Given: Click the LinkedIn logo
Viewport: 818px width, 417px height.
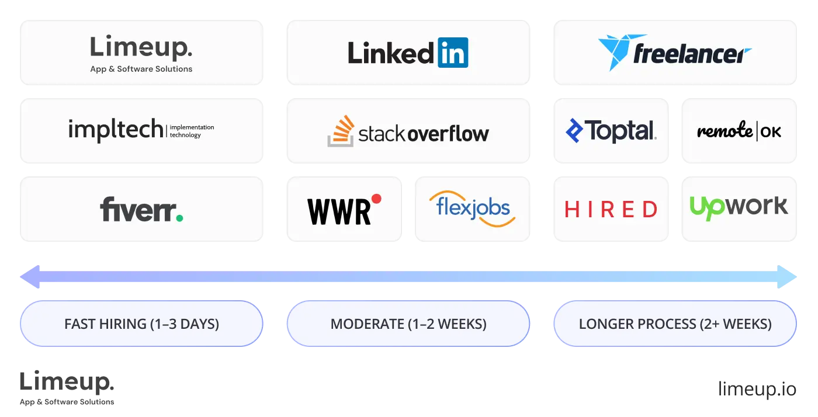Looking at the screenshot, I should (x=408, y=53).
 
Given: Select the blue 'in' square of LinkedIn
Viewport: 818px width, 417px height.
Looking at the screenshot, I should (x=452, y=53).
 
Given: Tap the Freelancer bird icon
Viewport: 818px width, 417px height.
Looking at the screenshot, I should (x=614, y=52).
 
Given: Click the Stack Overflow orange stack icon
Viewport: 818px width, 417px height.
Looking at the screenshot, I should (x=340, y=131).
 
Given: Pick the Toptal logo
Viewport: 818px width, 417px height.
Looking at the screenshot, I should (x=611, y=131).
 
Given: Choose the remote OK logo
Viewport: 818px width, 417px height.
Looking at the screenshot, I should (x=739, y=131).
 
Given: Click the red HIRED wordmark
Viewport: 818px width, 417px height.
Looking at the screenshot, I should (x=611, y=209).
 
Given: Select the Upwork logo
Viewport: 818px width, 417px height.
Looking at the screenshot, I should (x=739, y=208).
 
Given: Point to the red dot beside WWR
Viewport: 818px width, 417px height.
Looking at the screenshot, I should (x=376, y=199).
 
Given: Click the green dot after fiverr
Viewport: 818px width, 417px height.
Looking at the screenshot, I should (x=179, y=218).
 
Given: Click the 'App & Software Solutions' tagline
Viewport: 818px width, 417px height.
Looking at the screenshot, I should (x=141, y=69).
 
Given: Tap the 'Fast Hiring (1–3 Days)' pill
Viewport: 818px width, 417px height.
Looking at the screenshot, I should (x=141, y=324).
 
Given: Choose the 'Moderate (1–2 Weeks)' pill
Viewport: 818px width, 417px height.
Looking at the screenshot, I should (x=408, y=324).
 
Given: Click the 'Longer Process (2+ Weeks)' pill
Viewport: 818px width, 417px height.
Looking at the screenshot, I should (x=675, y=324).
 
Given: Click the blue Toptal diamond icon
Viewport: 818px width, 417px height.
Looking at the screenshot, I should (x=574, y=131).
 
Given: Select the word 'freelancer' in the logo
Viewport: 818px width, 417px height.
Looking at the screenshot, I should (x=692, y=55).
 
